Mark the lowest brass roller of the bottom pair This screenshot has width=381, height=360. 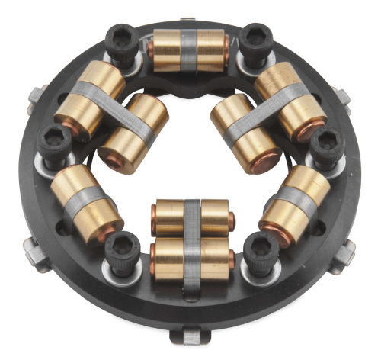[193, 259]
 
